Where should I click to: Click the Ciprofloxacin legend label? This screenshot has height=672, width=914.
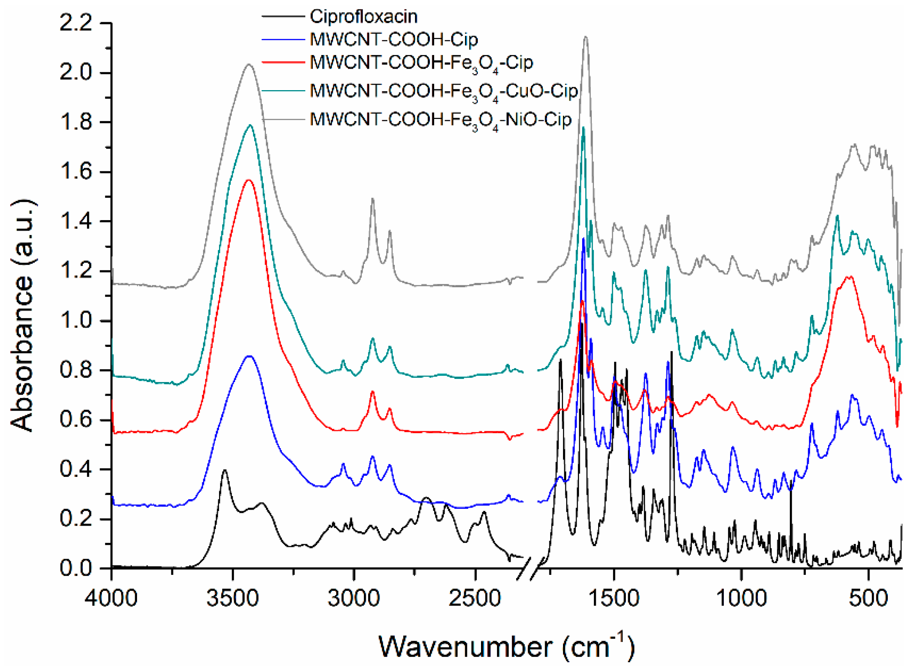point(363,17)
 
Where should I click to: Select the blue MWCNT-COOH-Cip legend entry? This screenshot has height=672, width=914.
point(394,39)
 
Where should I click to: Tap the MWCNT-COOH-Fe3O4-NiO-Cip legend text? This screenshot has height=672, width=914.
point(440,119)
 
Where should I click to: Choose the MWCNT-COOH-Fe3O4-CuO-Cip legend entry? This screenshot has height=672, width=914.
point(443,91)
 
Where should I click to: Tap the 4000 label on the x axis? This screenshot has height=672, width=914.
point(111,598)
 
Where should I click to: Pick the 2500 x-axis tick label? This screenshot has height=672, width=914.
point(475,598)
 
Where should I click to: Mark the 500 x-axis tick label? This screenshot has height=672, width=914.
point(868,598)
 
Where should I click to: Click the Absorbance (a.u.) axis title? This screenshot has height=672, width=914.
point(23,315)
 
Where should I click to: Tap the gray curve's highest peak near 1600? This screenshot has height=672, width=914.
point(586,37)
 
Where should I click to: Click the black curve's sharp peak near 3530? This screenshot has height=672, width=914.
point(224,470)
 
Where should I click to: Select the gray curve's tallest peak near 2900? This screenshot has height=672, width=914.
point(372,199)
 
